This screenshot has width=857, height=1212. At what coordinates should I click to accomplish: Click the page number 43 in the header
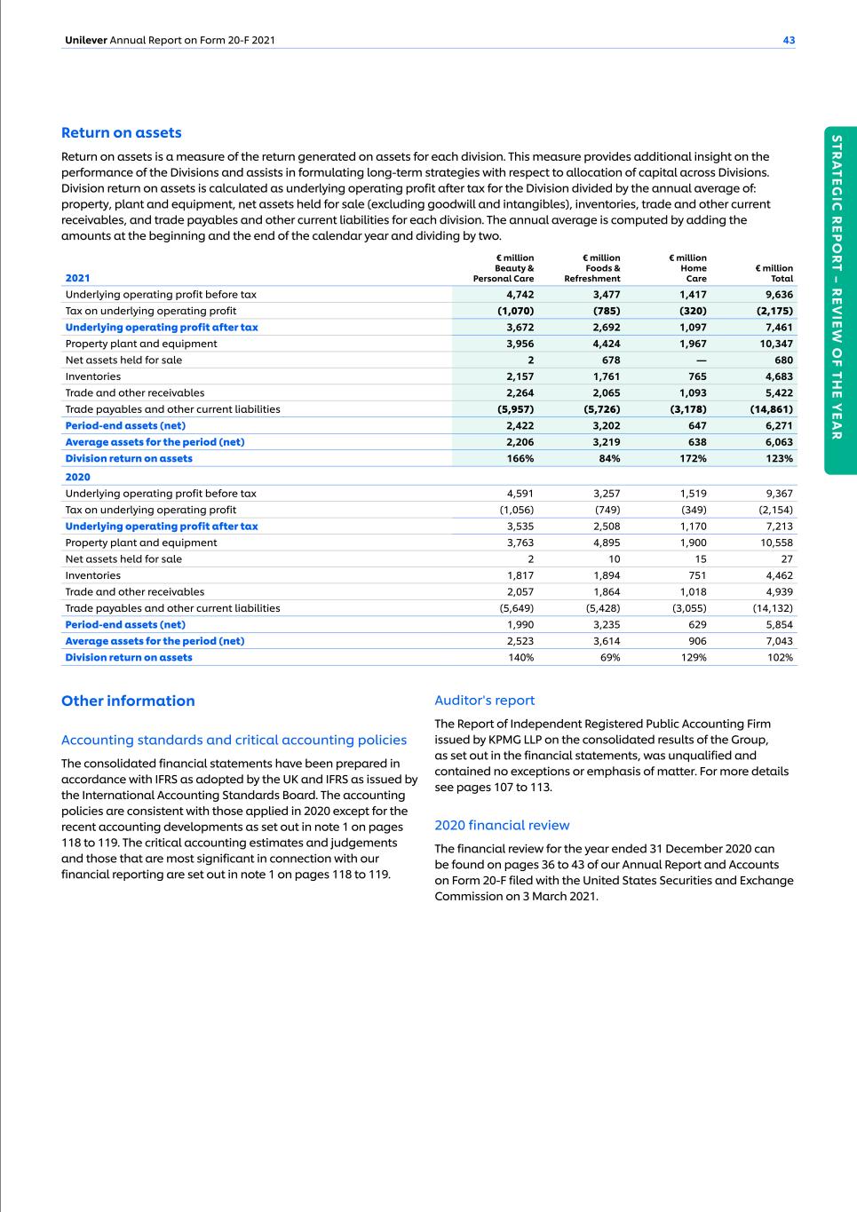point(789,40)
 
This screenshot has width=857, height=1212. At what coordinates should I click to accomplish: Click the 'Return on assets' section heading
point(121,133)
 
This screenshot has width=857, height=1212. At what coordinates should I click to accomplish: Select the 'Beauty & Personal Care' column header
point(504,268)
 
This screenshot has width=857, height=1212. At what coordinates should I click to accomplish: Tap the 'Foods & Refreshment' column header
point(592,268)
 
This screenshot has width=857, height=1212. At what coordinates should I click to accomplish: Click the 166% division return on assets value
point(520,459)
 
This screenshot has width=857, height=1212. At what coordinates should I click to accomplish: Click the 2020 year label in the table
point(77,477)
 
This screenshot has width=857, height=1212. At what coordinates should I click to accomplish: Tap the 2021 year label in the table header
point(77,278)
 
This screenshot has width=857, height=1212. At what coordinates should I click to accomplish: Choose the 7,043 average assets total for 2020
point(779,641)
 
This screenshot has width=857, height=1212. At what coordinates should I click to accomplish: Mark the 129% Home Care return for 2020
point(693,658)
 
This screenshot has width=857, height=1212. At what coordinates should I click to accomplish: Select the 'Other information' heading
point(128,701)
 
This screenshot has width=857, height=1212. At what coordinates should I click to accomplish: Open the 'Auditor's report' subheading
point(485,701)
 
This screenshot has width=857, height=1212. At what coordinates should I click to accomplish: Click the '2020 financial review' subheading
point(502,826)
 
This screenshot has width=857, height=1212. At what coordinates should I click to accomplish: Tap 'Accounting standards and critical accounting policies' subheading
point(234,741)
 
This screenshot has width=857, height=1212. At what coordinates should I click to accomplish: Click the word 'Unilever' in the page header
point(85,40)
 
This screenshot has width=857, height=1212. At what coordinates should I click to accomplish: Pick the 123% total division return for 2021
point(780,459)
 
